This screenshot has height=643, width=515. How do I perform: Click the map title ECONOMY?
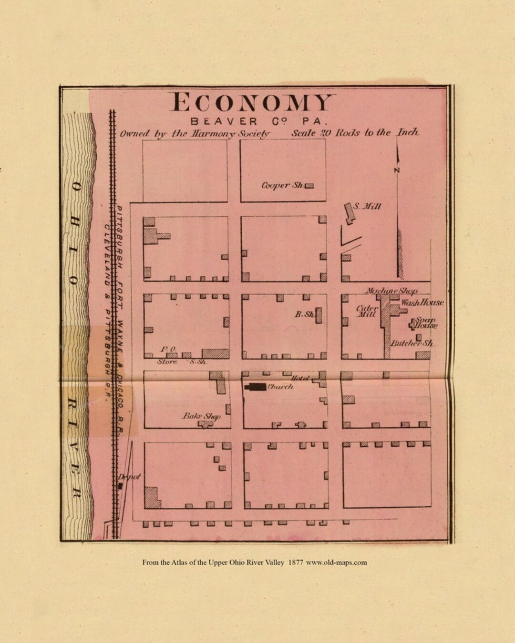pos(251,102)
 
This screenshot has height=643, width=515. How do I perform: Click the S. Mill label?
pos(370,207)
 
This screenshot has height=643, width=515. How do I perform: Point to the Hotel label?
pos(301,379)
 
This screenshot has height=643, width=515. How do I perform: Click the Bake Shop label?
pos(201,416)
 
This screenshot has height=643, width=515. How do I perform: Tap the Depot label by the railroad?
pos(129,477)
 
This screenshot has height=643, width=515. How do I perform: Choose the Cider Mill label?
pos(367,311)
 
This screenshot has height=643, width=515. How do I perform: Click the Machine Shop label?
pos(391,291)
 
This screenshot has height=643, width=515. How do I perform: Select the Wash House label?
pos(422,302)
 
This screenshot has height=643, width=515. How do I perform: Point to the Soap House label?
pos(425,323)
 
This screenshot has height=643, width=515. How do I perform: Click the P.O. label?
pos(168,349)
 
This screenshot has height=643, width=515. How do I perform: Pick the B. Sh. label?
pos(304,314)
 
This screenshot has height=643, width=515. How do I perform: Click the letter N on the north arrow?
pos(398,171)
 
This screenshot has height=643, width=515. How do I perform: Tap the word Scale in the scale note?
pos(303,133)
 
